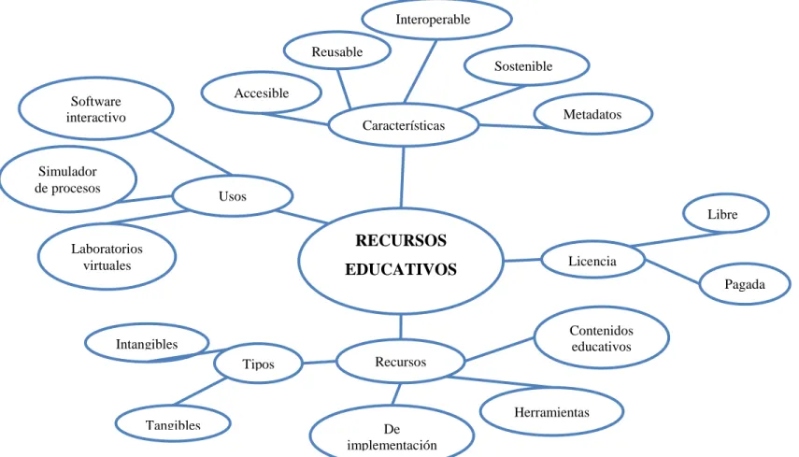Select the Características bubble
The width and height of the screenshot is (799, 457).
pyautogui.click(x=404, y=125)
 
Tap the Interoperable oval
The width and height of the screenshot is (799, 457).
pyautogui.click(x=436, y=20)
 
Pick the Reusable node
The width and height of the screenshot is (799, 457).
pyautogui.click(x=336, y=51)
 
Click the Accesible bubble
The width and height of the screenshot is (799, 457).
pyautogui.click(x=262, y=93)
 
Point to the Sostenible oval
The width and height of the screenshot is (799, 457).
pyautogui.click(x=526, y=65)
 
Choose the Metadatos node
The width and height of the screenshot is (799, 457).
pyautogui.click(x=593, y=114)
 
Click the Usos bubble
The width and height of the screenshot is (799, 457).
pyautogui.click(x=233, y=196)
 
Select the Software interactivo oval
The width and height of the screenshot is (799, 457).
pyautogui.click(x=96, y=109)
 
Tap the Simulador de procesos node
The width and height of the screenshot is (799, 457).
pyautogui.click(x=68, y=179)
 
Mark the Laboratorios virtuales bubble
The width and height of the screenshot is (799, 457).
pyautogui.click(x=107, y=257)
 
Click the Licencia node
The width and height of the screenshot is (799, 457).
pyautogui.click(x=593, y=261)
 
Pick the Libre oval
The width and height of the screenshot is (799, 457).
pyautogui.click(x=725, y=213)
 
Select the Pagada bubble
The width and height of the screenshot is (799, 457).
pyautogui.click(x=745, y=284)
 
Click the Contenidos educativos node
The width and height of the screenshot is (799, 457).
pyautogui.click(x=601, y=337)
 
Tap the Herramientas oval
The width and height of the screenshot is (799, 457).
pyautogui.click(x=552, y=411)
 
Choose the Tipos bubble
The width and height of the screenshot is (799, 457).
pyautogui.click(x=258, y=364)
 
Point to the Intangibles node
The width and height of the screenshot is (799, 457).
pyautogui.click(x=147, y=343)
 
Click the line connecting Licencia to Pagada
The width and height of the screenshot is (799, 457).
pyautogui.click(x=672, y=272)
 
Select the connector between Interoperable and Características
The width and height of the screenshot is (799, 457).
pyautogui.click(x=421, y=71)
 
